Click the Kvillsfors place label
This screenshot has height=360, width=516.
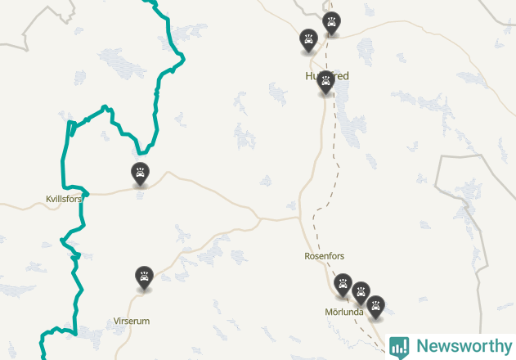pyautogui.click(x=64, y=199)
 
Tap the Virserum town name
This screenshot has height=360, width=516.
pyautogui.click(x=132, y=321)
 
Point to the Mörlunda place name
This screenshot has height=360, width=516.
pyautogui.click(x=343, y=312)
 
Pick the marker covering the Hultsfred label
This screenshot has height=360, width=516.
pyautogui.click(x=325, y=82)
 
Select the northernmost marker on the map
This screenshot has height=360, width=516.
pyautogui.click(x=330, y=23)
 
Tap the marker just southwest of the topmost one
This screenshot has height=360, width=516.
pyautogui.click(x=308, y=40)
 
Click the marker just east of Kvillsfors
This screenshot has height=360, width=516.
pyautogui.click(x=141, y=173)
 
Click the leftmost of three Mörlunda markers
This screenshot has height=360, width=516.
pyautogui.click(x=343, y=284)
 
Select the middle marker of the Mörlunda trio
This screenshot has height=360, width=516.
pyautogui.click(x=361, y=292)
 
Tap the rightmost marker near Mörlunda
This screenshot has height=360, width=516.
pyautogui.click(x=375, y=307)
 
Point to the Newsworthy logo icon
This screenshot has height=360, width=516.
pyautogui.click(x=399, y=347)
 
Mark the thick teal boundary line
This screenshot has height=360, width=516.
pyautogui.click(x=65, y=164)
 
